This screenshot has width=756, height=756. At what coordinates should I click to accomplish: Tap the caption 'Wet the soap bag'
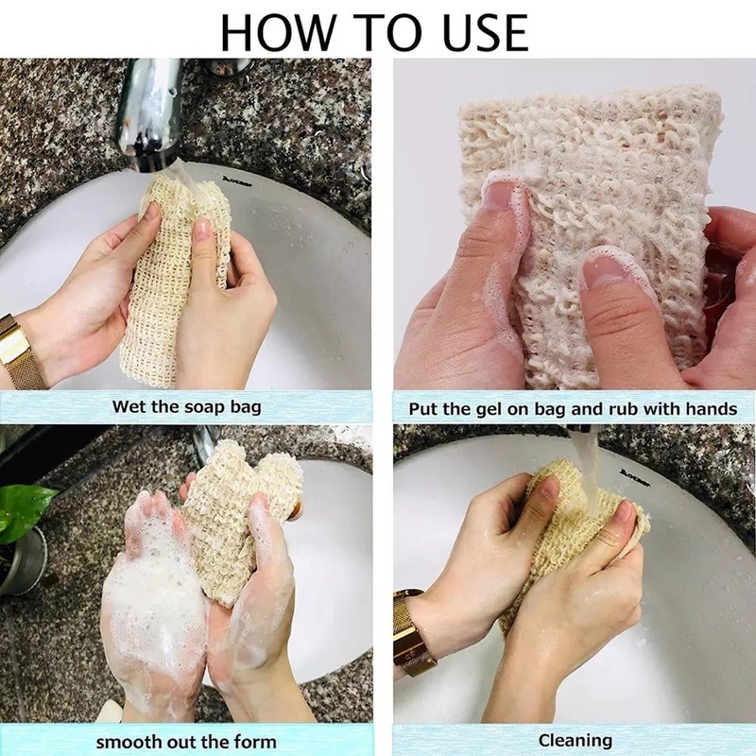187,407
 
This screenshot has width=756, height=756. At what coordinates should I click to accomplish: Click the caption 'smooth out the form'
186,740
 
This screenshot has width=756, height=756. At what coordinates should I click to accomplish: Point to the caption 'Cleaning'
575,740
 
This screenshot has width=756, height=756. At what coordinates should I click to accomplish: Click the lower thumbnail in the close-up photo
605,269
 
